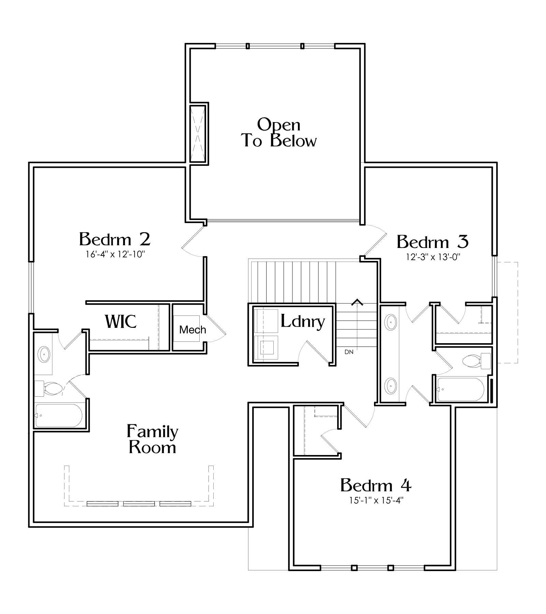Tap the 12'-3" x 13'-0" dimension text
(433, 257)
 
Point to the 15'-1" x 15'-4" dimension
(376, 500)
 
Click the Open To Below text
(279, 133)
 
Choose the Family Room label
(152, 439)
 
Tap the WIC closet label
(121, 321)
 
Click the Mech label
(192, 330)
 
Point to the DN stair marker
(349, 352)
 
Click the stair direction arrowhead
(357, 302)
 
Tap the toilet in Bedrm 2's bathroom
(48, 388)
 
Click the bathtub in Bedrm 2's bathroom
(58, 415)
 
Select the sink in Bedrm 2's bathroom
(44, 355)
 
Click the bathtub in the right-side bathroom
(461, 389)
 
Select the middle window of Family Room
(139, 503)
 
